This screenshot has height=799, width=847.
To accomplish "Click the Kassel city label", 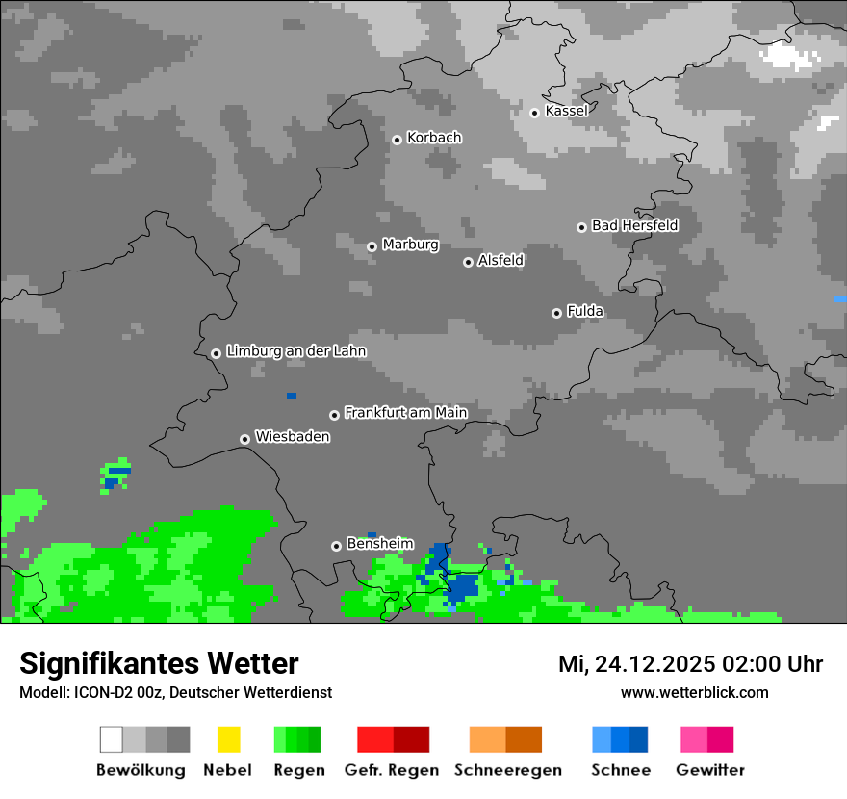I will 566,111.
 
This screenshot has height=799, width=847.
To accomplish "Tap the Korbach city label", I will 434,138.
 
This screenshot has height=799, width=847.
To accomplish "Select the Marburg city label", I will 410,245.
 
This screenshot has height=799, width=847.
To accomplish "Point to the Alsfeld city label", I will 500,260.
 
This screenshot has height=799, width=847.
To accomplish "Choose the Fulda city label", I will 585,311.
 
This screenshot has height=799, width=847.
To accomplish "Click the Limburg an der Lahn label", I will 295,351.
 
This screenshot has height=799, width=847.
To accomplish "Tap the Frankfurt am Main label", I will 405,413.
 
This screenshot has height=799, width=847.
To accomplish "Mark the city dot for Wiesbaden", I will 244,439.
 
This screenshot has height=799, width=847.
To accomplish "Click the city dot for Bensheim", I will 336,546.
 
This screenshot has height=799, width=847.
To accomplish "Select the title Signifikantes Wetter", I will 159,663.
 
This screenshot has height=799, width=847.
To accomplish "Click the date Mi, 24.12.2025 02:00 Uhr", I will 690,664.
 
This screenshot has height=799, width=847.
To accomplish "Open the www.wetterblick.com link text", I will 694,692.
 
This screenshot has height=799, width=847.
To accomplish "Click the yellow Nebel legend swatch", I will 228,739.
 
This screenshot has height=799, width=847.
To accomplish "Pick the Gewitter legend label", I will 709,770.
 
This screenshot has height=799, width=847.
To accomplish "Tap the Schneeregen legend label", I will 505,770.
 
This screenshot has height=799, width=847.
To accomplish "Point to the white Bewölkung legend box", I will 111,739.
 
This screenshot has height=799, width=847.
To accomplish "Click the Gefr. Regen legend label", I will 392,770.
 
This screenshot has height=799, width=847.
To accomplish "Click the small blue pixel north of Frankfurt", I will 292,396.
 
